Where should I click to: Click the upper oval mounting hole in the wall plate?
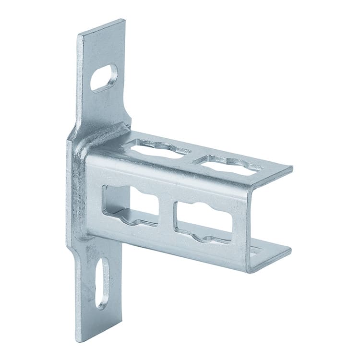(x=104, y=77)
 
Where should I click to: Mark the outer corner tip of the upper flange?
(x=292, y=168)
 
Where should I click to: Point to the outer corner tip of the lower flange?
(x=290, y=250)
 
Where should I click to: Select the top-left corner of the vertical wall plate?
(x=78, y=34)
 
